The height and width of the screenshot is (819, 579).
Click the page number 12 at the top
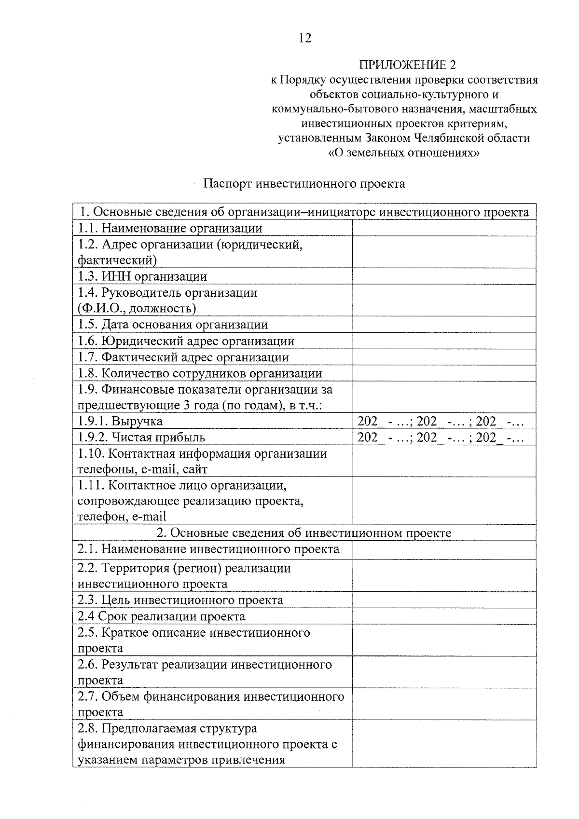click(305, 38)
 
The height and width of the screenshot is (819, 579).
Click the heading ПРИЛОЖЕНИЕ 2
click(407, 65)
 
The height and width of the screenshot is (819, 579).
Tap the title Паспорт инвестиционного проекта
click(304, 184)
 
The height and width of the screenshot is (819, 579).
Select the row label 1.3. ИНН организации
click(142, 276)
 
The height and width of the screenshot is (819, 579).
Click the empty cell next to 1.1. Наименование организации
click(444, 228)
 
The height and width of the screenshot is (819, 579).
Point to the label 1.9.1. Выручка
click(120, 421)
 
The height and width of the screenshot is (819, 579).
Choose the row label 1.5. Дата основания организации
click(173, 325)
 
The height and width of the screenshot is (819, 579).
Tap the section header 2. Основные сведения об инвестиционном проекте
click(304, 532)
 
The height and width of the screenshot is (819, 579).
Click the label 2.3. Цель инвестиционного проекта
click(180, 600)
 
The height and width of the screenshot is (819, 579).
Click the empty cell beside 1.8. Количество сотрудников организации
click(444, 373)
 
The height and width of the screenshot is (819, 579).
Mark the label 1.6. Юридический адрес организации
click(186, 341)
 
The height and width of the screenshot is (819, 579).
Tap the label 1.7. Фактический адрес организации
click(183, 357)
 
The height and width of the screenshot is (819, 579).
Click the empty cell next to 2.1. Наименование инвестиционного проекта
click(444, 550)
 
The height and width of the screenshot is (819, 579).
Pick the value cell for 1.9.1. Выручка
click(440, 421)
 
